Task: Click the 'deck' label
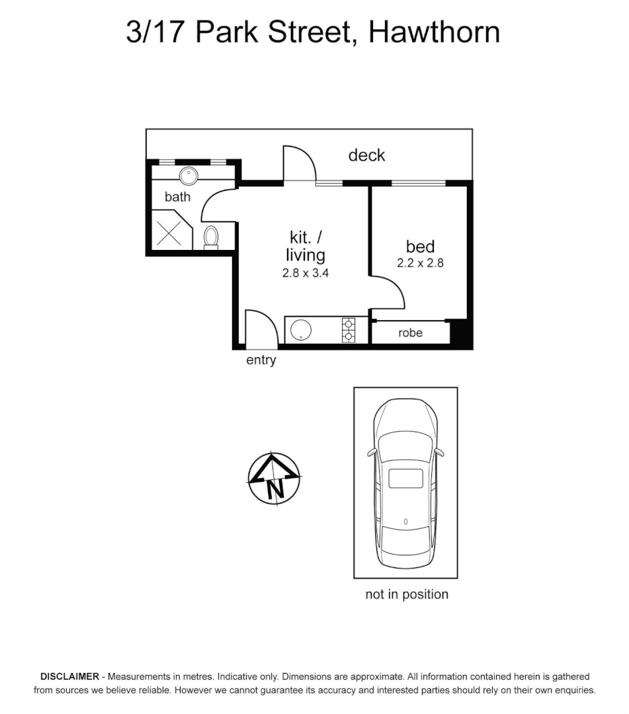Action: click(366, 155)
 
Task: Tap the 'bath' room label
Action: click(177, 196)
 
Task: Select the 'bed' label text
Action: click(420, 247)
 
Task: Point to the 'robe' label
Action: click(410, 333)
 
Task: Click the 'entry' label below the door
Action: click(261, 360)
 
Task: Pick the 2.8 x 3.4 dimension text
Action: click(306, 272)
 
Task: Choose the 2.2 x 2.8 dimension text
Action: click(420, 262)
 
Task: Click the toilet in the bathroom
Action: click(211, 237)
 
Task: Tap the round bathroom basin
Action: click(189, 176)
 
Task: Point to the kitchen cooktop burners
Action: click(348, 331)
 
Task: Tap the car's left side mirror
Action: click(372, 454)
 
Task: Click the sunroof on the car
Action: click(405, 478)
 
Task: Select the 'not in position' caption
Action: click(407, 594)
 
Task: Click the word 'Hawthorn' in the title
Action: click(434, 32)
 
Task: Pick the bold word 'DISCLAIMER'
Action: click(69, 677)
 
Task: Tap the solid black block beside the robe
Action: click(460, 333)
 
